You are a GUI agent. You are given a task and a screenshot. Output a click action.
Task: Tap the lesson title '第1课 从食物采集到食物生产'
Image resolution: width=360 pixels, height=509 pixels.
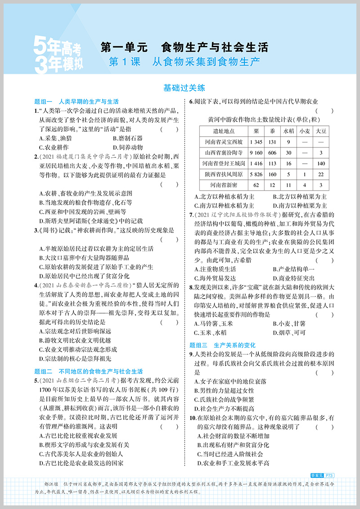coord(184,62)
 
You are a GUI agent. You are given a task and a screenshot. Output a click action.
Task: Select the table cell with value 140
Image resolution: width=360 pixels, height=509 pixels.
coord(320,163)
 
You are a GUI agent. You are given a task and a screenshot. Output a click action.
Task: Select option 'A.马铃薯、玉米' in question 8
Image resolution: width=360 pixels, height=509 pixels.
coord(212,323)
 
